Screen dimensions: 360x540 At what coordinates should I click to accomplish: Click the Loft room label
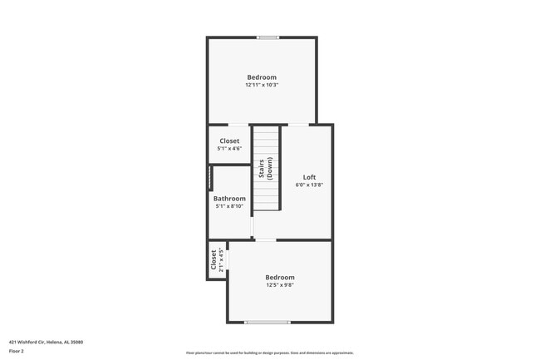click(x=309, y=177)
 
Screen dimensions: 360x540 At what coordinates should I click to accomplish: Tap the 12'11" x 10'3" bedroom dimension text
click(x=261, y=85)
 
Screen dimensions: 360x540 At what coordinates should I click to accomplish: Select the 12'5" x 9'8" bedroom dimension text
click(x=280, y=285)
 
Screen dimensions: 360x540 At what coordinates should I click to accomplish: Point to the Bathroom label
click(x=229, y=199)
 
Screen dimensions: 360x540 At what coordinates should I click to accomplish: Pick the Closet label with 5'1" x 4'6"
click(x=229, y=141)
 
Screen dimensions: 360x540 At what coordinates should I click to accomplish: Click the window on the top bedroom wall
click(x=268, y=37)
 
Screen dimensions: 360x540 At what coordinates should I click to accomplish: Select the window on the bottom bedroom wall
click(x=268, y=322)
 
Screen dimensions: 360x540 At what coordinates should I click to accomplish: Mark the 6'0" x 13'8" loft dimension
click(x=309, y=185)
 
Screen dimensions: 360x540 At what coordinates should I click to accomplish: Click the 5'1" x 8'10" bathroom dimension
click(x=229, y=206)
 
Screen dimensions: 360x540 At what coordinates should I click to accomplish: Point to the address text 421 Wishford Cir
click(x=46, y=342)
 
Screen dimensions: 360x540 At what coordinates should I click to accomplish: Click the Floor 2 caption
click(x=17, y=352)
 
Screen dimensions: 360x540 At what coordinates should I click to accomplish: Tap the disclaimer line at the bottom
click(x=270, y=353)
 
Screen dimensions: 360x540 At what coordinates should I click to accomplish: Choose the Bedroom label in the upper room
click(x=262, y=77)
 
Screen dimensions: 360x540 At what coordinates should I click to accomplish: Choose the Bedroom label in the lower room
click(x=280, y=277)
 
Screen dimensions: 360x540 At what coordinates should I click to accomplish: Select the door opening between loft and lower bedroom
click(x=265, y=240)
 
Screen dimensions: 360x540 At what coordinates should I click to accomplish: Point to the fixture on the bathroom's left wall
click(x=211, y=178)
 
